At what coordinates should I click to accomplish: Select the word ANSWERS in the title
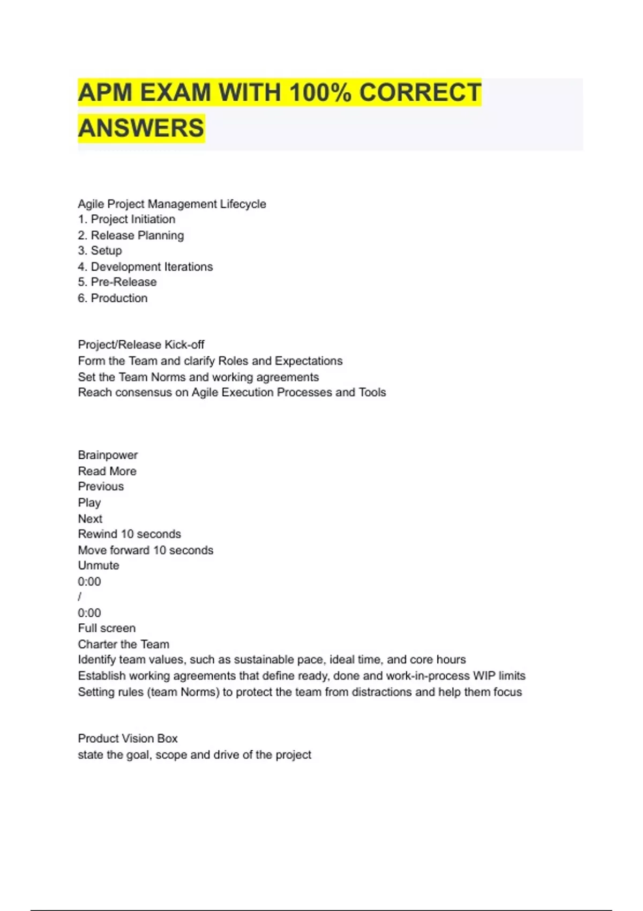pyautogui.click(x=141, y=129)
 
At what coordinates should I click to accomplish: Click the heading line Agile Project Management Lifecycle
pyautogui.click(x=171, y=204)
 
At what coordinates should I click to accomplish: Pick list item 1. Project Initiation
pyautogui.click(x=126, y=220)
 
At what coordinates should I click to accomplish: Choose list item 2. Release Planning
pyautogui.click(x=131, y=235)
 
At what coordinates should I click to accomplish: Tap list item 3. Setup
pyautogui.click(x=100, y=251)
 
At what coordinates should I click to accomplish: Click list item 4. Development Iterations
pyautogui.click(x=145, y=267)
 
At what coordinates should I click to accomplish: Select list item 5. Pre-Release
pyautogui.click(x=117, y=282)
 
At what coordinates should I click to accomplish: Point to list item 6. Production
pyautogui.click(x=113, y=298)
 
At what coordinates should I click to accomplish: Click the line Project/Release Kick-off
pyautogui.click(x=141, y=345)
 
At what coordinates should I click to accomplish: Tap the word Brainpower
pyautogui.click(x=108, y=455)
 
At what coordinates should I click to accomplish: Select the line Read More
pyautogui.click(x=107, y=471)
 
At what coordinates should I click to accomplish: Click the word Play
pyautogui.click(x=89, y=503)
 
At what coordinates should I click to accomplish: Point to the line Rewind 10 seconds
pyautogui.click(x=129, y=534)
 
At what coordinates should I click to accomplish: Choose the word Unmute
pyautogui.click(x=99, y=566)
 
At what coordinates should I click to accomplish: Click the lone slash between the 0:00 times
pyautogui.click(x=80, y=597)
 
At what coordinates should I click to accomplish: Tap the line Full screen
pyautogui.click(x=107, y=629)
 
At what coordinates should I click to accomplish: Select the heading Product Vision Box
pyautogui.click(x=128, y=738)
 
